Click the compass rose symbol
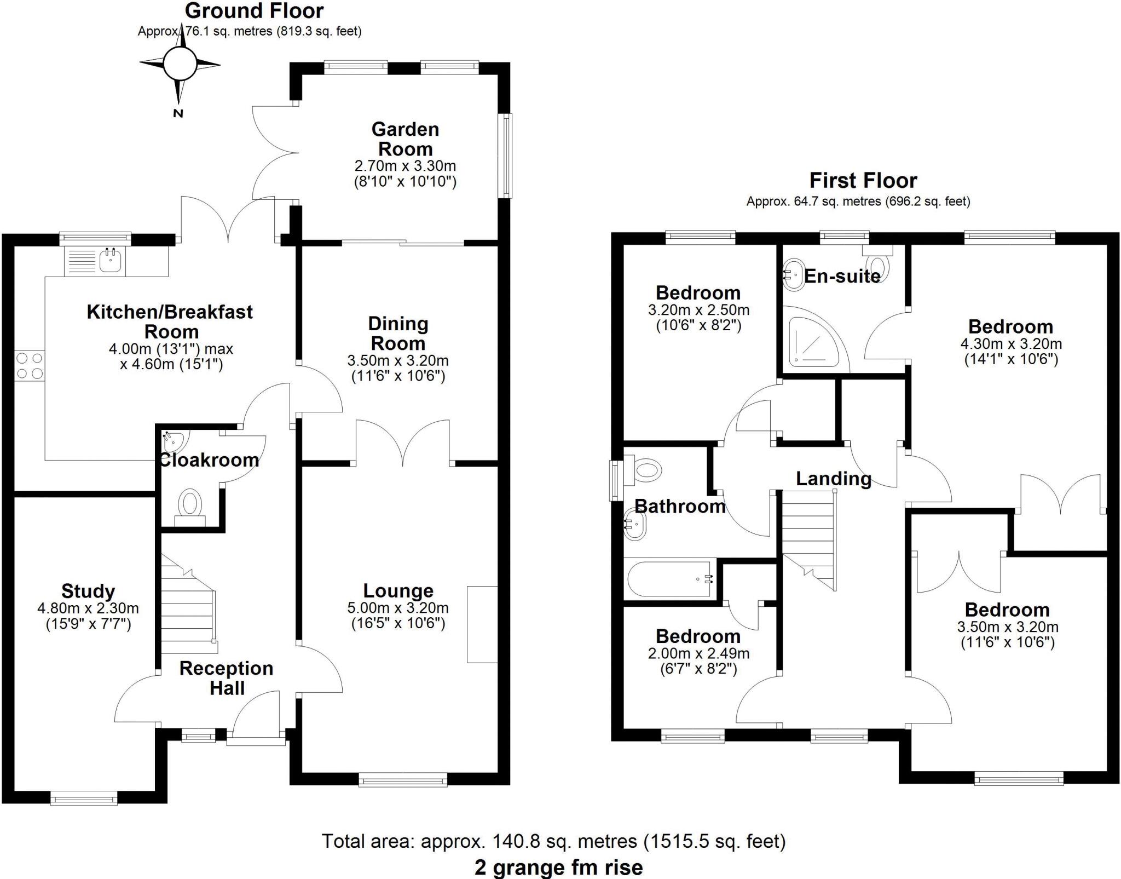pos(180,65)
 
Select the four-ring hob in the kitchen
pos(30,366)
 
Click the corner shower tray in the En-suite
pos(813,343)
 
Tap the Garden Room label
pos(405,139)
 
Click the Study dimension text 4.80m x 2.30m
pos(88,608)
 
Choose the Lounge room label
pos(398,590)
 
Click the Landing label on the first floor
pos(833,479)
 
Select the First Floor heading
pos(863,180)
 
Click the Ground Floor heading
pos(254,10)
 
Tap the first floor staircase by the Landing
pos(808,537)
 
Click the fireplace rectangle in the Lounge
pos(482,624)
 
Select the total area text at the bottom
pos(553,841)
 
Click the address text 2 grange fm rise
pos(558,867)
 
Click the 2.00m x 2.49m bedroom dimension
pos(698,653)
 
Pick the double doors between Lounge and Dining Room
pos(403,444)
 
